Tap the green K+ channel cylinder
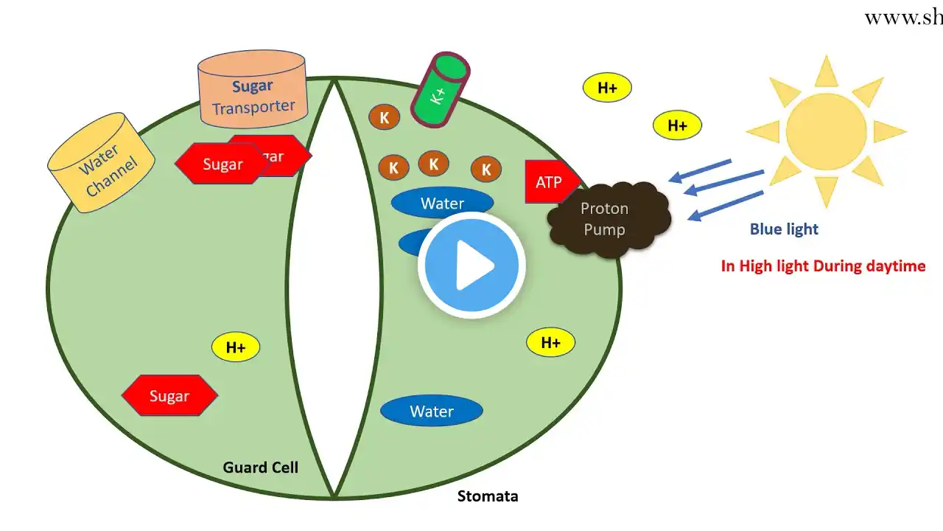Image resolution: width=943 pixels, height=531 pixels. (441, 89)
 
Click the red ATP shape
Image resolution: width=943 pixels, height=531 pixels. (548, 181)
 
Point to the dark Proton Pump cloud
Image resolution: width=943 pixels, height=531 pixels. (607, 220)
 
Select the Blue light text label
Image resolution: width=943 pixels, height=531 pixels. (784, 229)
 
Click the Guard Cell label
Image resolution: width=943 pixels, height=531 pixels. (261, 468)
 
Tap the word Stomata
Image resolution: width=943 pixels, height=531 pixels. (488, 496)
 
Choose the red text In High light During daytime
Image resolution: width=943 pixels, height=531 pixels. (823, 266)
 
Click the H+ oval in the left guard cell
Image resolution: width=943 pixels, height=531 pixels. (236, 347)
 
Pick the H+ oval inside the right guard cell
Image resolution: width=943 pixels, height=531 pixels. (550, 342)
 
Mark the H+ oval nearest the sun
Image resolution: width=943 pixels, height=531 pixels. (677, 125)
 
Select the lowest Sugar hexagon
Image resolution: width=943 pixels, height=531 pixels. (169, 396)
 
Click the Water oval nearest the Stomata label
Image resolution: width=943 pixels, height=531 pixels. (431, 412)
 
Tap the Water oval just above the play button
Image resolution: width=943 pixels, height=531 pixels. (442, 203)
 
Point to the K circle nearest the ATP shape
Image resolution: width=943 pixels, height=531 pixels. (486, 170)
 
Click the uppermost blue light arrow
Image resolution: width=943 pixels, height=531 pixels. (701, 170)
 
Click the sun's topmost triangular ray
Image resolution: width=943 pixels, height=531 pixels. (827, 72)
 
